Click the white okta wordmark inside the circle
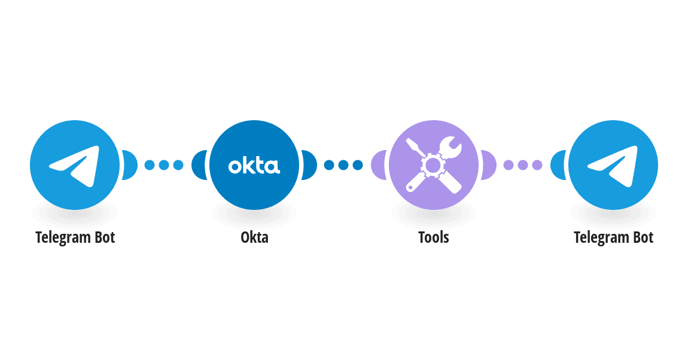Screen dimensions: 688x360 [254, 166]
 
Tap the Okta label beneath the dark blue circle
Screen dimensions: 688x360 [254, 237]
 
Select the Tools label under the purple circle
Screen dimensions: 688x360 [434, 237]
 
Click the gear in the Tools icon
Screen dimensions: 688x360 [433, 165]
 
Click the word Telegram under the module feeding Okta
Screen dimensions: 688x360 [63, 237]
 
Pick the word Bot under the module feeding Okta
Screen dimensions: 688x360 [105, 237]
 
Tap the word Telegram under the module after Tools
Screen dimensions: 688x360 [602, 237]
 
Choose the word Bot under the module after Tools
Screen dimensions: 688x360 [643, 237]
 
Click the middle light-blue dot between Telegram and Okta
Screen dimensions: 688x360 [164, 165]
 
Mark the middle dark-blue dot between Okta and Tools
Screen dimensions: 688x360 [343, 165]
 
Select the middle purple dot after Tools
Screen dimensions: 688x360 [523, 165]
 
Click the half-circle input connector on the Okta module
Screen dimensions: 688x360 [199, 165]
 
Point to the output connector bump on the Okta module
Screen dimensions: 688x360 [309, 165]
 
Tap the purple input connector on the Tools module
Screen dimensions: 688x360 [378, 165]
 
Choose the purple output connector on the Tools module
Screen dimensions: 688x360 [489, 165]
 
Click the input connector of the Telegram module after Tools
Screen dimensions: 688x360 [558, 165]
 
